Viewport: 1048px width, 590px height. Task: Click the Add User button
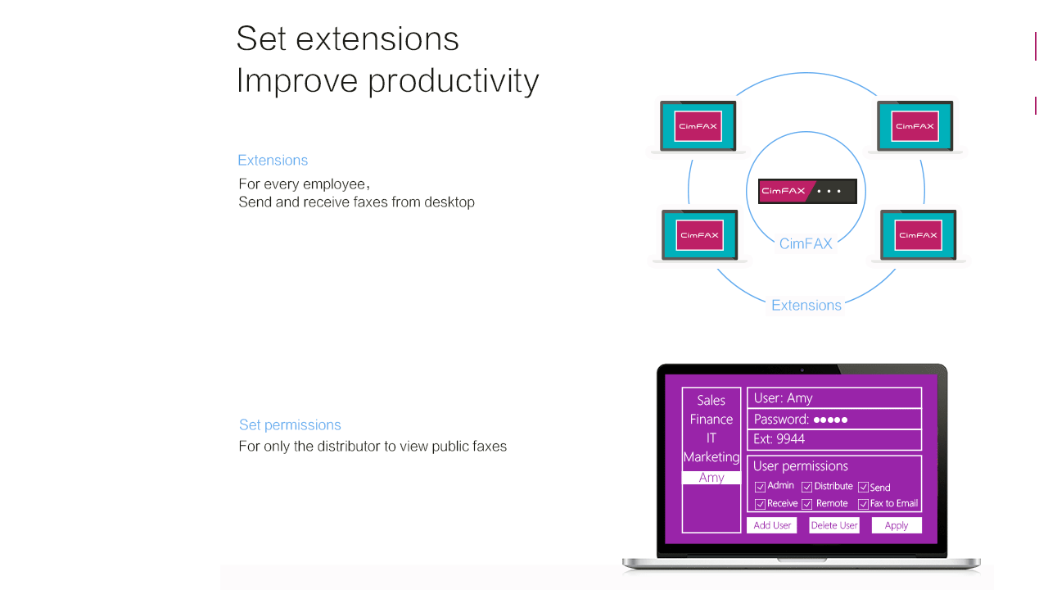tap(771, 525)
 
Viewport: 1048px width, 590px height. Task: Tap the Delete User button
tap(834, 525)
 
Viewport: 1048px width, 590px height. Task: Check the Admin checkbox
tap(760, 487)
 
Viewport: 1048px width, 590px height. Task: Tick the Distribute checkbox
tap(806, 487)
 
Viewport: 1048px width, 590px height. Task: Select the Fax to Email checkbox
tap(863, 504)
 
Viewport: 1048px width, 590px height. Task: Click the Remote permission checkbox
tap(806, 504)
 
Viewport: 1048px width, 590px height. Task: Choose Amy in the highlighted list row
tap(711, 478)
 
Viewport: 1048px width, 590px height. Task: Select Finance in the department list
tap(711, 419)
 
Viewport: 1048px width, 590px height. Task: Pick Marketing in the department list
tap(711, 457)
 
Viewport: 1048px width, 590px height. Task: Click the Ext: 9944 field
tap(834, 439)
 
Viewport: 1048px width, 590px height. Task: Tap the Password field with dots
tap(834, 419)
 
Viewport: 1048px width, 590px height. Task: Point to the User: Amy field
tap(834, 398)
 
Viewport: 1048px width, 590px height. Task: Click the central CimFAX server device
tap(807, 191)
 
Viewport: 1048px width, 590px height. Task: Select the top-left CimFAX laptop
tap(698, 126)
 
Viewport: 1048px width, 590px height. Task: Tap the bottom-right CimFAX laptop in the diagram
tap(918, 235)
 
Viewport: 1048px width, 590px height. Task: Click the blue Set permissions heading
tap(290, 424)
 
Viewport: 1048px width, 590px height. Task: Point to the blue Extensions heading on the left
tap(273, 160)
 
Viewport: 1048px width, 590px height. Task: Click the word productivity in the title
tap(454, 81)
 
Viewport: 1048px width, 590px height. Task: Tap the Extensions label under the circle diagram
tap(806, 306)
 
